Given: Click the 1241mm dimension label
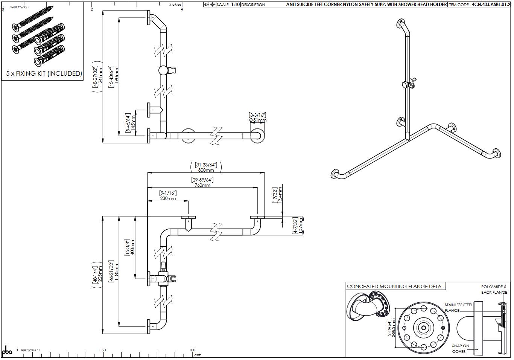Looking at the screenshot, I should [x=100, y=78].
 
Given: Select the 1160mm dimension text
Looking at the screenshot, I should [x=117, y=78].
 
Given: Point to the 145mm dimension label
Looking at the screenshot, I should [x=133, y=123].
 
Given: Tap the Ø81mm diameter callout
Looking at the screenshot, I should [x=258, y=121].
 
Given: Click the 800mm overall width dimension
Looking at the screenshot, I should [x=206, y=170].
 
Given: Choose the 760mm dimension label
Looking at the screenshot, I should [x=202, y=185].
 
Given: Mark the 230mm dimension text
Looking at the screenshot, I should [x=168, y=198].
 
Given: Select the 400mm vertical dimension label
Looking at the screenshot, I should [x=132, y=247].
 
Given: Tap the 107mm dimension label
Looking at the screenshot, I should [x=301, y=225].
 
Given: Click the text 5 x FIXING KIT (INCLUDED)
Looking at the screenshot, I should [x=44, y=73].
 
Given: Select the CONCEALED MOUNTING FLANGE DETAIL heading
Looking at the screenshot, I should [x=395, y=287].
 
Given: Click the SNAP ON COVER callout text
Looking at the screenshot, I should [x=460, y=348].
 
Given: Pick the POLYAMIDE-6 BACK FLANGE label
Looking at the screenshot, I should [x=494, y=290].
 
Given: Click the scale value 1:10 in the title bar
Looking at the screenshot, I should [x=235, y=5].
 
